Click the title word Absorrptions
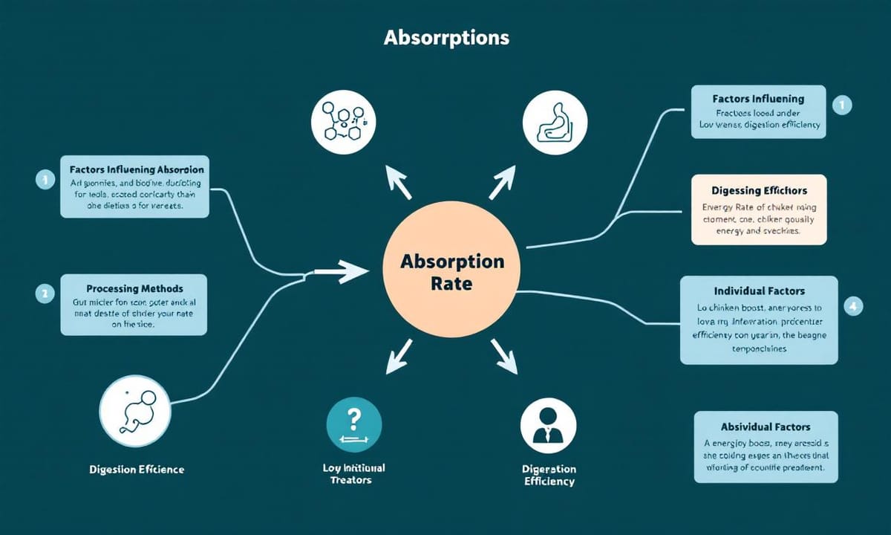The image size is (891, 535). pos(446,37)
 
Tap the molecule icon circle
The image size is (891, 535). pos(342,122)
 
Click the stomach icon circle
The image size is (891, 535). pos(550,122)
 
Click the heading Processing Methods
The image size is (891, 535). pos(134,288)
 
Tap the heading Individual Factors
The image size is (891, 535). pos(759,291)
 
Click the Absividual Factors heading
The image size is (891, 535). pos(765,427)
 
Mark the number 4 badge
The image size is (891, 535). pos(854,305)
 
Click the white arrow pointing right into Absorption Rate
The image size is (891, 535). pos(342,273)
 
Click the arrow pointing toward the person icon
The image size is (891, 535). pos(504,357)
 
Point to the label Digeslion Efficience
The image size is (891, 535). pos(137,470)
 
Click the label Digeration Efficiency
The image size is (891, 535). pos(549,475)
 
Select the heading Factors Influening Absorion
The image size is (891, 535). pos(135,169)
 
